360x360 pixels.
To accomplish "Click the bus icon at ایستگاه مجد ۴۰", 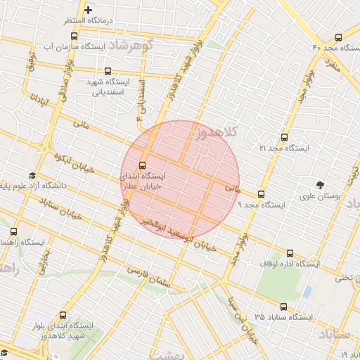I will pyautogui.click(x=340, y=37).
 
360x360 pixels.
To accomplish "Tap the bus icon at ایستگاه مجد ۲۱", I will pyautogui.click(x=284, y=138).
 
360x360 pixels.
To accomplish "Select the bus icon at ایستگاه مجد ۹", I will pyautogui.click(x=262, y=194).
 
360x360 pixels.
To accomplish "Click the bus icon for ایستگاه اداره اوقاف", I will pyautogui.click(x=290, y=253).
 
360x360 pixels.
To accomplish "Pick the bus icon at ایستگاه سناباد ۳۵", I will pyautogui.click(x=283, y=307).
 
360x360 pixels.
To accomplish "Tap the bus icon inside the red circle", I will pyautogui.click(x=143, y=166).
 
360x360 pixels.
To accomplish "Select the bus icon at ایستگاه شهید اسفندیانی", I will pyautogui.click(x=108, y=71).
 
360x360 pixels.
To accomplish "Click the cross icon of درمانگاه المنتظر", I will pyautogui.click(x=88, y=11).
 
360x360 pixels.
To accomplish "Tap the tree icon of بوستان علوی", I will pyautogui.click(x=320, y=186).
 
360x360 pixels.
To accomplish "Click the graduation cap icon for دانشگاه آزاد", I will pyautogui.click(x=32, y=175).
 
